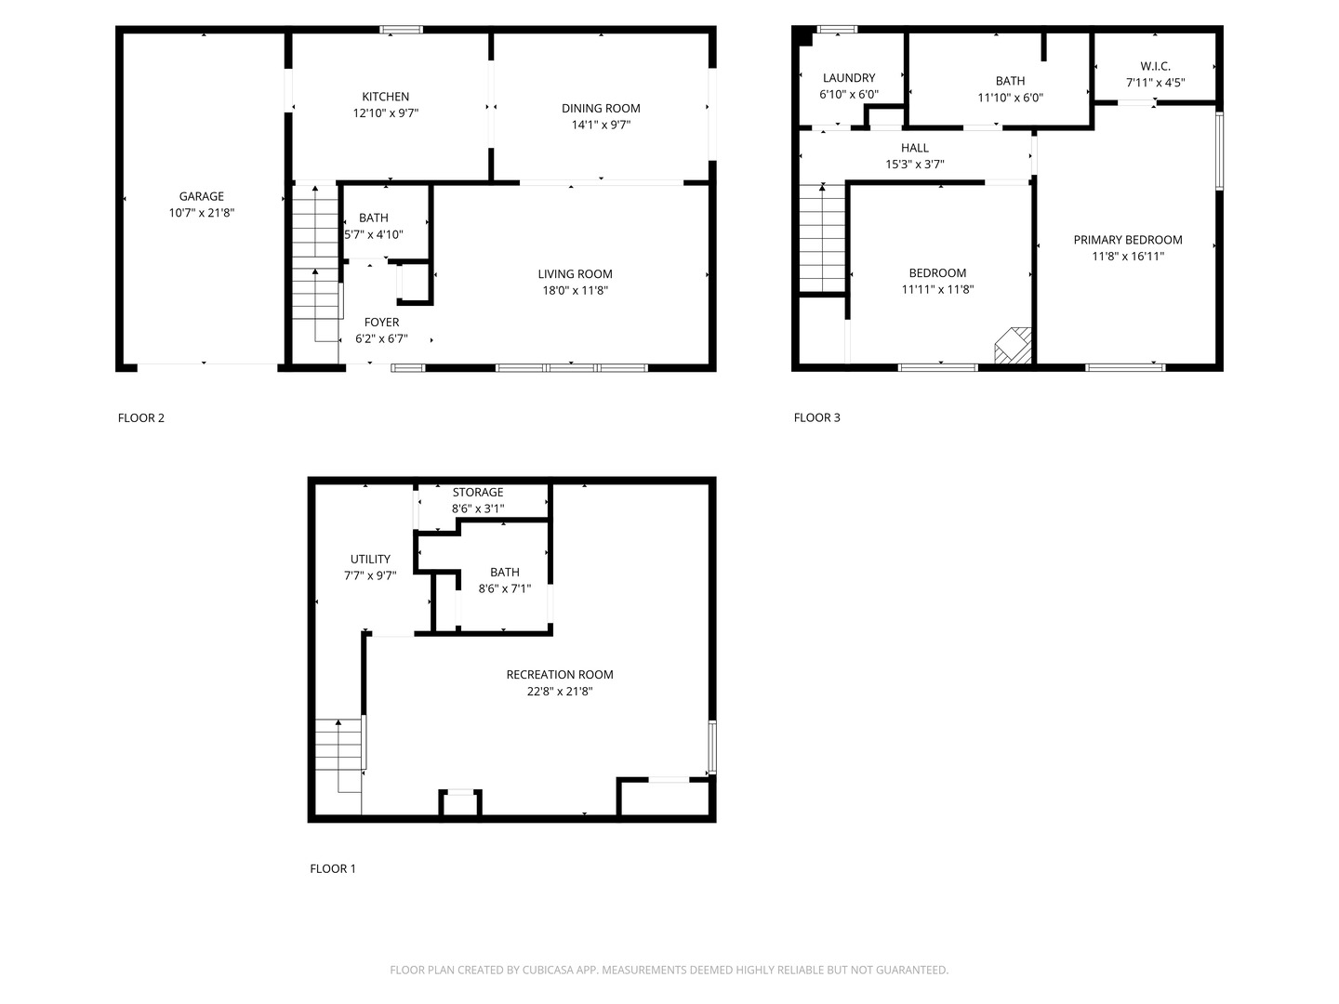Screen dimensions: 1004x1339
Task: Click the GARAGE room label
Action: click(201, 196)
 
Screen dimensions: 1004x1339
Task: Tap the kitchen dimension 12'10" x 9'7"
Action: click(385, 113)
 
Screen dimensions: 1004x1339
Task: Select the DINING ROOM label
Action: click(601, 108)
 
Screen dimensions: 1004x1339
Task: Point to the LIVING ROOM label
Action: click(575, 273)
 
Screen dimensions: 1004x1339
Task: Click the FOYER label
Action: click(381, 323)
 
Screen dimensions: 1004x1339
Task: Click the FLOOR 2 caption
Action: click(141, 417)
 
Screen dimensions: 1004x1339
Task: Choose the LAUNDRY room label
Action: click(848, 78)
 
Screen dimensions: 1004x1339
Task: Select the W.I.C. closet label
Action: click(1155, 66)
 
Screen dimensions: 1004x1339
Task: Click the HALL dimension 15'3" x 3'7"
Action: click(914, 165)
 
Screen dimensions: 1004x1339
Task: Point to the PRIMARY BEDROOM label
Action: click(1127, 240)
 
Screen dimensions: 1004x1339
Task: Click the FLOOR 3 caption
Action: click(816, 417)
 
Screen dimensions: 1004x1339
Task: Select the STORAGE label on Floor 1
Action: click(478, 492)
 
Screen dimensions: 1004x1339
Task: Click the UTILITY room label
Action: click(370, 559)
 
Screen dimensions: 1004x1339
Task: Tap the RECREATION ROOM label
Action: click(560, 674)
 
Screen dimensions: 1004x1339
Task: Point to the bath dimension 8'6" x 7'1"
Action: click(505, 588)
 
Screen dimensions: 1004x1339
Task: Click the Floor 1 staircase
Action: click(338, 753)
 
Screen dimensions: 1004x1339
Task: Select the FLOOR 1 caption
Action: click(333, 868)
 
